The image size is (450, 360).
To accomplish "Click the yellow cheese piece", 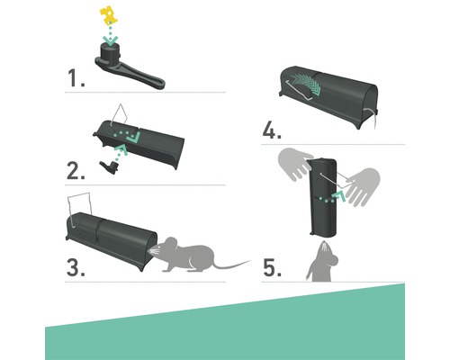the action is pos(108,15).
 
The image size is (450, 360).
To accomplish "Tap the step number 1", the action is pos(76,78).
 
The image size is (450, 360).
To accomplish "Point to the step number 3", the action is pos(76,267).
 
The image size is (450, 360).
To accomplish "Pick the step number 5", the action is pos(273,267).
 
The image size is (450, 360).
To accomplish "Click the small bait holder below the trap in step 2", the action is pos(108,166).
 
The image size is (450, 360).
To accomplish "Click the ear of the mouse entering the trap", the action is pos(170,243).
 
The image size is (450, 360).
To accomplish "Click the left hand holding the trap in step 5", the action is pos(295,164).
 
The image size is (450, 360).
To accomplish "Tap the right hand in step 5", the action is pos(362,186).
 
